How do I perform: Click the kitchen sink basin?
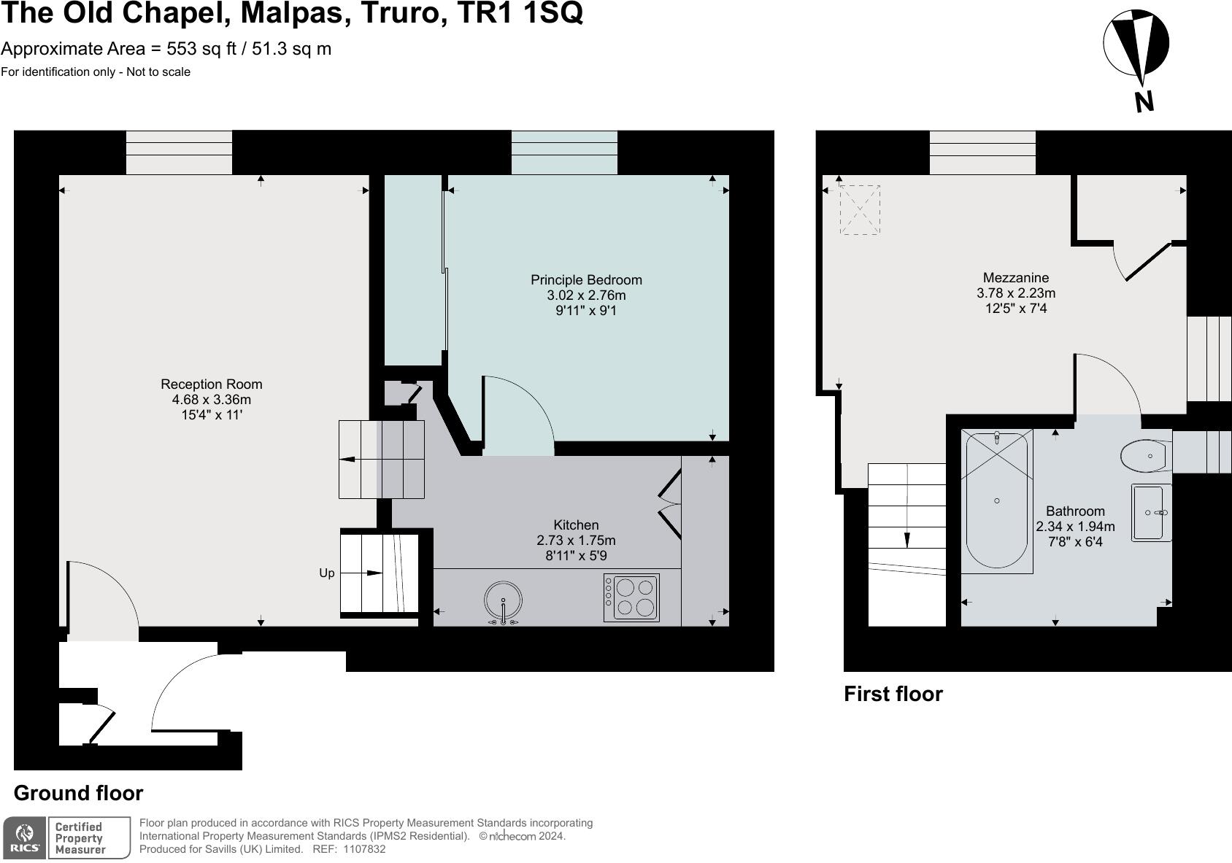coord(503,601)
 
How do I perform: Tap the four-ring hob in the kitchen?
coord(631,597)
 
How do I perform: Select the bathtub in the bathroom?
coord(996,501)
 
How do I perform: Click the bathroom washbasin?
coord(1151,512)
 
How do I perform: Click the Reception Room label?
coord(211,384)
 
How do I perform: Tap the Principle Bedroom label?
coord(586,280)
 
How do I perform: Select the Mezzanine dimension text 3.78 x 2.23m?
coord(1016,293)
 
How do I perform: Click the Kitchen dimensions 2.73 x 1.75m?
coord(576,541)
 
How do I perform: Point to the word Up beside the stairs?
coord(327,573)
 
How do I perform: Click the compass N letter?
coord(1144,102)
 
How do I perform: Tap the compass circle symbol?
coord(1136,44)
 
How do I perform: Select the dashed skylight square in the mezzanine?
coord(860,209)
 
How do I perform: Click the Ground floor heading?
coord(78,793)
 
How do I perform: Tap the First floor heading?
coord(893,694)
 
